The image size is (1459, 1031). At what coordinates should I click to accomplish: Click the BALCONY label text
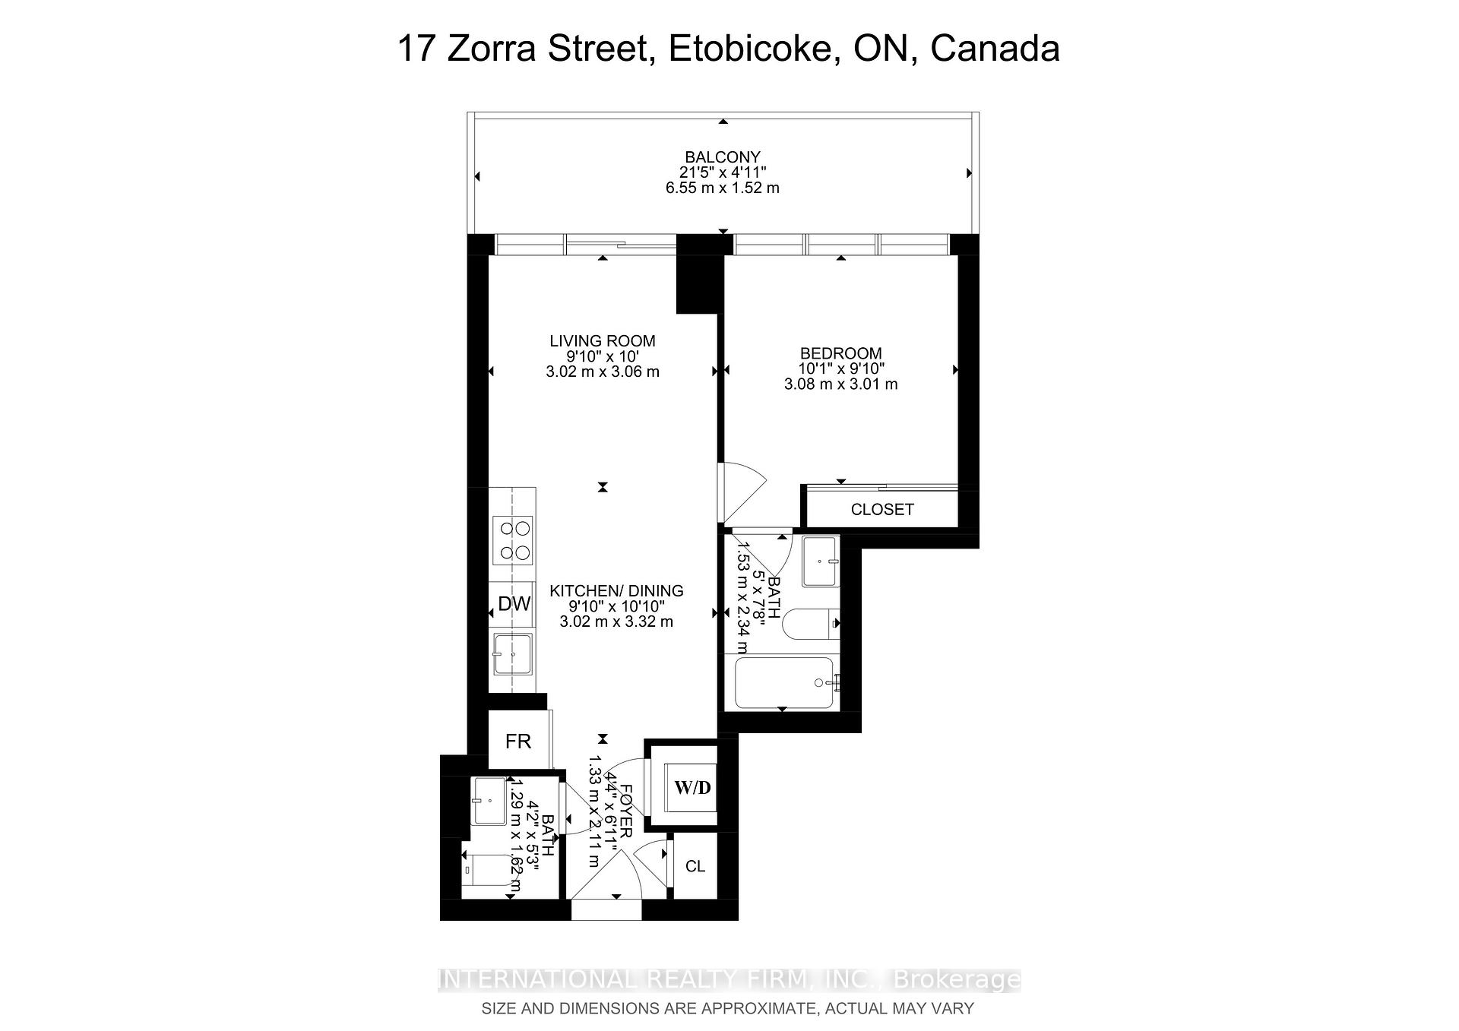point(722,157)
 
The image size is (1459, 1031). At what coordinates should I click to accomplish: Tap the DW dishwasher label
point(514,604)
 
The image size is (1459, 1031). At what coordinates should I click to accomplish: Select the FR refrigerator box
point(518,741)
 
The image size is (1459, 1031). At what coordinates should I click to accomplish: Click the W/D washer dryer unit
point(692,787)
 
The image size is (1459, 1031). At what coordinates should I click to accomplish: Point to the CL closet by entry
point(695,866)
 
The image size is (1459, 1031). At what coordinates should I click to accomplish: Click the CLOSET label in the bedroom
point(881,510)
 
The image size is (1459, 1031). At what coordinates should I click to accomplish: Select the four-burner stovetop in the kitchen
point(513,540)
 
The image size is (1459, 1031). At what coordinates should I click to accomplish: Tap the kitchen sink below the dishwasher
point(512,653)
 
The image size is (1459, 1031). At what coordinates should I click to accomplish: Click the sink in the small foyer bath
point(490,801)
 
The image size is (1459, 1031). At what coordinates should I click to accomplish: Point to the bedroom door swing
point(741,491)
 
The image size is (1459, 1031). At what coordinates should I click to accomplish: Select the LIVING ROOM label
point(603,341)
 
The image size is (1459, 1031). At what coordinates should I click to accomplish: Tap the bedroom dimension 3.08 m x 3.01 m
point(840,384)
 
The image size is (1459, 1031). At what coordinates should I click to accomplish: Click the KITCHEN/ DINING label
point(616,591)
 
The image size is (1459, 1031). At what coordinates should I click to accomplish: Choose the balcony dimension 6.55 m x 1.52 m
point(722,188)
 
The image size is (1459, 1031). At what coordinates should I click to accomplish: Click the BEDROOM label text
point(840,353)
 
